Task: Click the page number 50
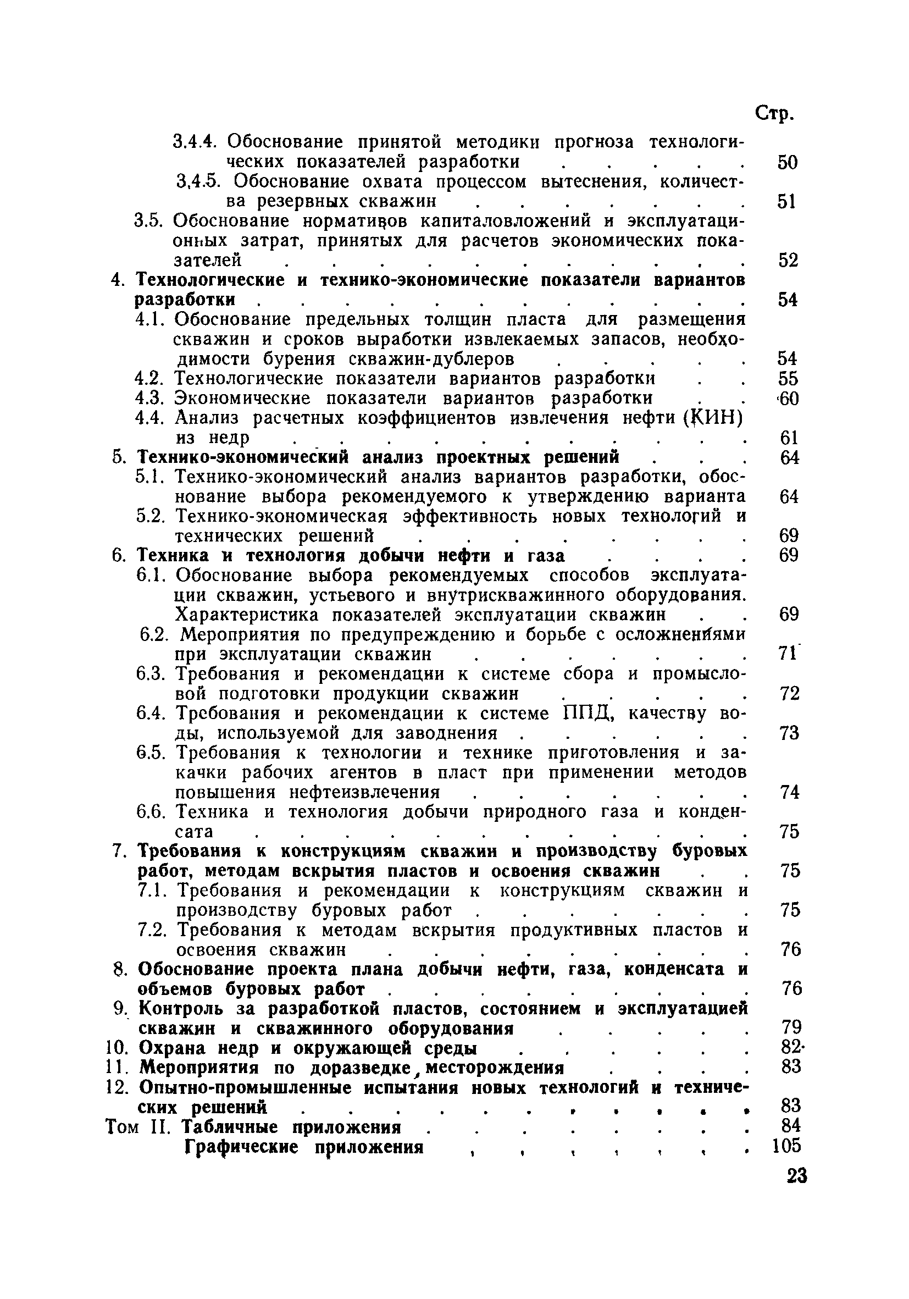pyautogui.click(x=787, y=163)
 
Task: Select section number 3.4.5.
pyautogui.click(x=196, y=182)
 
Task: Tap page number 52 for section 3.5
pyautogui.click(x=788, y=261)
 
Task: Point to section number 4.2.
pyautogui.click(x=150, y=379)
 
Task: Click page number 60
pyautogui.click(x=788, y=399)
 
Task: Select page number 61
pyautogui.click(x=788, y=438)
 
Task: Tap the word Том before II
pyautogui.click(x=122, y=1127)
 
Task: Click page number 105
pyautogui.click(x=786, y=1146)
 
